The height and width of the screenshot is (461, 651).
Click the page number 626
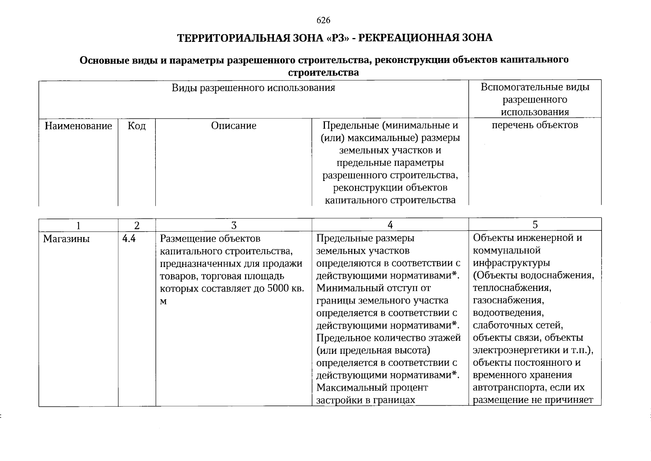(323, 20)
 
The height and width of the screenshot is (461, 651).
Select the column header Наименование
(78, 126)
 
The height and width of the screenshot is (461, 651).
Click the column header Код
(137, 126)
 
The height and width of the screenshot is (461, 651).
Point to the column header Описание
(234, 126)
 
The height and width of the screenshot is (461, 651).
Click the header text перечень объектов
(535, 125)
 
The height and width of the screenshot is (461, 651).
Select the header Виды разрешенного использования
(253, 88)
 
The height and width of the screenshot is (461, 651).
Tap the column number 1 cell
(78, 225)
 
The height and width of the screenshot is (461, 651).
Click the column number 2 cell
(137, 225)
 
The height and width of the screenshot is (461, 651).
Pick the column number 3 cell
(234, 225)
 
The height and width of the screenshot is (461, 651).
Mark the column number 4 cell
(390, 225)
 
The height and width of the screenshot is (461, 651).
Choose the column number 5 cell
(535, 225)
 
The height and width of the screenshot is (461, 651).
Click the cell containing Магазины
(66, 239)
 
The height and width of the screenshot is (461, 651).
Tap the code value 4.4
(129, 239)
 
